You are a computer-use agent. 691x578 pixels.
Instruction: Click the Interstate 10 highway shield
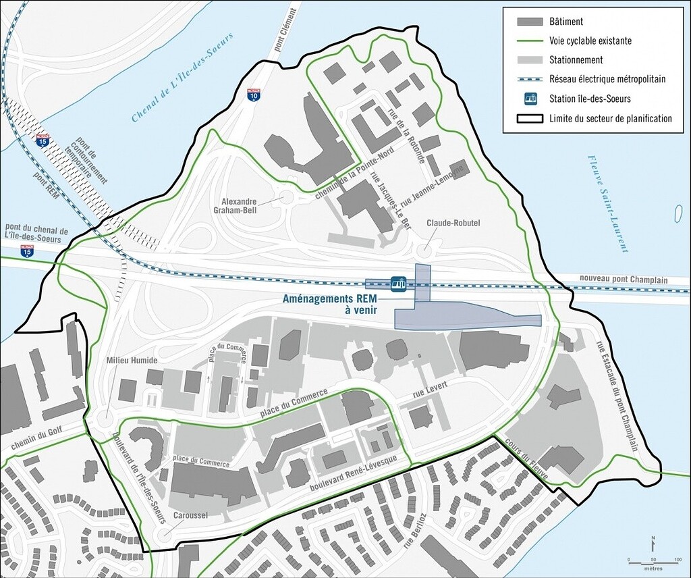254,95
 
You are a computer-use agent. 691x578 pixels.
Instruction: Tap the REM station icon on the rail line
398,283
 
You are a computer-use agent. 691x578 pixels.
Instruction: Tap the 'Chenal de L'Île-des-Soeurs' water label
182,78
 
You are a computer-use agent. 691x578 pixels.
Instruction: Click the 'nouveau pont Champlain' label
623,280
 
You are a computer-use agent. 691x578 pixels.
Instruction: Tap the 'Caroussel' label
189,515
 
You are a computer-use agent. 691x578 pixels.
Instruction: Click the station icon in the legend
531,99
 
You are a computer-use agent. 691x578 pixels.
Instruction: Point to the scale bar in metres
654,560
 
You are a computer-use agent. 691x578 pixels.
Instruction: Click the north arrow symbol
653,542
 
